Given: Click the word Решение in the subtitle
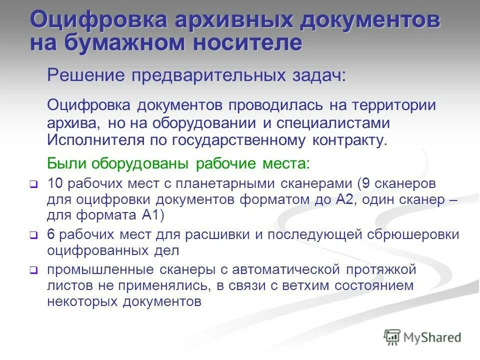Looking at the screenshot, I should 85,76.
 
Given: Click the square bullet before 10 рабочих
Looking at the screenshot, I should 33,184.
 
